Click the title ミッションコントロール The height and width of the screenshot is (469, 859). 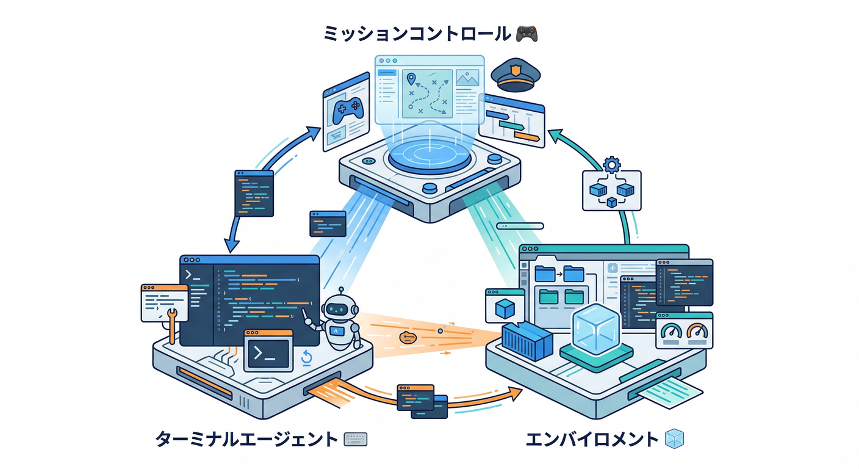417,34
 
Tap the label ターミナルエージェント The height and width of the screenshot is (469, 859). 246,438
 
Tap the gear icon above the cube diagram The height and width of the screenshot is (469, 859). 611,164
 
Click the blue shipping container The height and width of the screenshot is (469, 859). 527,342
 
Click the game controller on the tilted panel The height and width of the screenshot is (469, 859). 345,112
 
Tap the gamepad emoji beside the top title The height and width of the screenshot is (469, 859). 526,34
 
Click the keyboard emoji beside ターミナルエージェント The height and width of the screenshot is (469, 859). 355,438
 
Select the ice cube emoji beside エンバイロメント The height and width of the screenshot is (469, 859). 674,438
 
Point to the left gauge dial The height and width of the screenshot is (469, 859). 672,333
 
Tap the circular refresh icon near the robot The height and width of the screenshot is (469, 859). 307,358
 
